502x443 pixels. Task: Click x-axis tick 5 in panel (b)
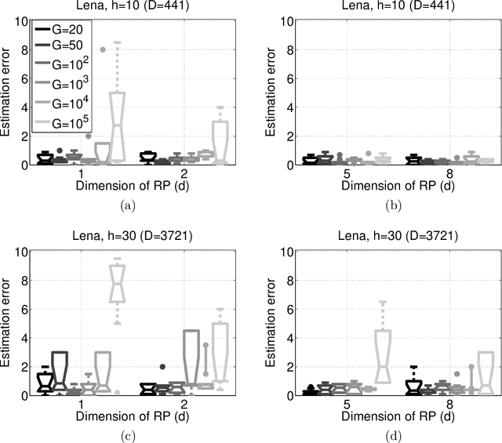point(333,172)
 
